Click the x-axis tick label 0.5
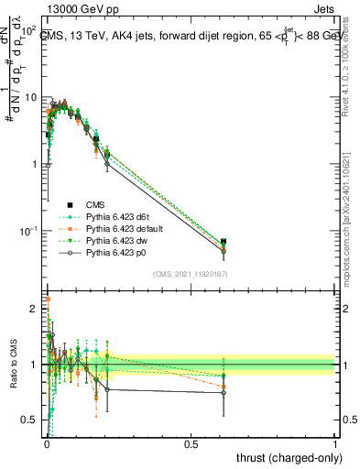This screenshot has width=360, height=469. (x=191, y=444)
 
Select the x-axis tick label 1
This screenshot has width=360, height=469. (x=335, y=444)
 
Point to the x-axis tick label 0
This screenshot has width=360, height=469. (x=47, y=444)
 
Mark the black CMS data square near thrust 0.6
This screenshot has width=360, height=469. (x=224, y=242)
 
